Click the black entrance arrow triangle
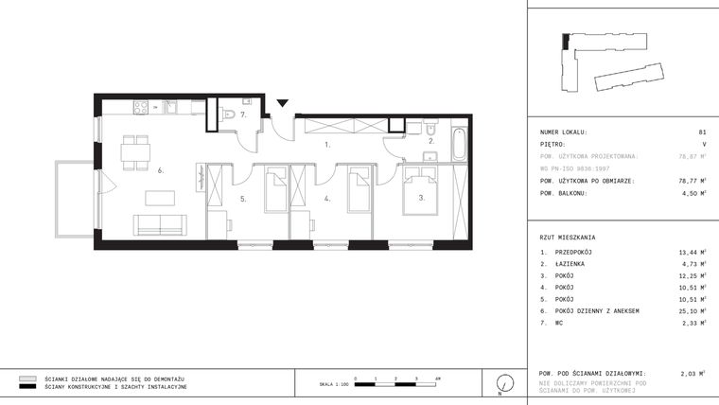coord(281,103)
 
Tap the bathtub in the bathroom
coord(459,144)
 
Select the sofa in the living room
coord(162,224)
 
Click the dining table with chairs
coord(137,152)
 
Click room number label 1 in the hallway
coord(327,146)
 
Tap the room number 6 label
coord(161,170)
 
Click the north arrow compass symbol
coord(506,383)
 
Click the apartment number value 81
coord(701,132)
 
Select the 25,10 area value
coord(692,310)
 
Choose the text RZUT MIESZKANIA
coord(569,237)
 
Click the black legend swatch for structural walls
coord(27,387)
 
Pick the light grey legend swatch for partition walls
coord(27,378)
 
